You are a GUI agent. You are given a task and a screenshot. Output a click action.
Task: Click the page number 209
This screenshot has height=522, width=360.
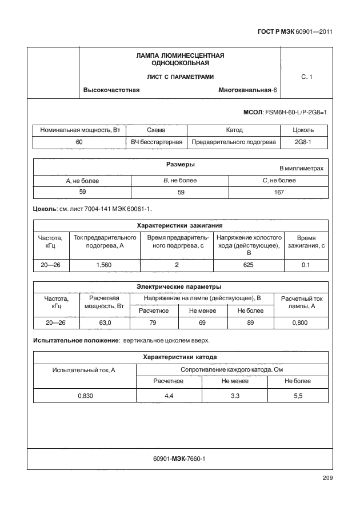coord(327,478)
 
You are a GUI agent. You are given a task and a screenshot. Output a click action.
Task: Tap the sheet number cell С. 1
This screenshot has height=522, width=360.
coord(306,76)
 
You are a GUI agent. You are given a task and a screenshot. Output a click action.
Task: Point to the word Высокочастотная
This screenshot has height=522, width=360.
coord(111,90)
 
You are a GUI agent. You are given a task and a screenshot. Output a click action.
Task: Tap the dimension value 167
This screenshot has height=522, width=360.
coord(278,193)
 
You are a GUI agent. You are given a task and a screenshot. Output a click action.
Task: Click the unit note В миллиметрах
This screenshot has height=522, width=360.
coord(301,169)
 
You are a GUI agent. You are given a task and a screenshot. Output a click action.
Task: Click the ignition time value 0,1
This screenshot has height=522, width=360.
coord(306,265)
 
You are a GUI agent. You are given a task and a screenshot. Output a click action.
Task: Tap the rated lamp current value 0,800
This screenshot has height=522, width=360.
coord(301,323)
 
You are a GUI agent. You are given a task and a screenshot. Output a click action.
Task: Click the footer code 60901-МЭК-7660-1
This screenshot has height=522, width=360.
coord(179,459)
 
